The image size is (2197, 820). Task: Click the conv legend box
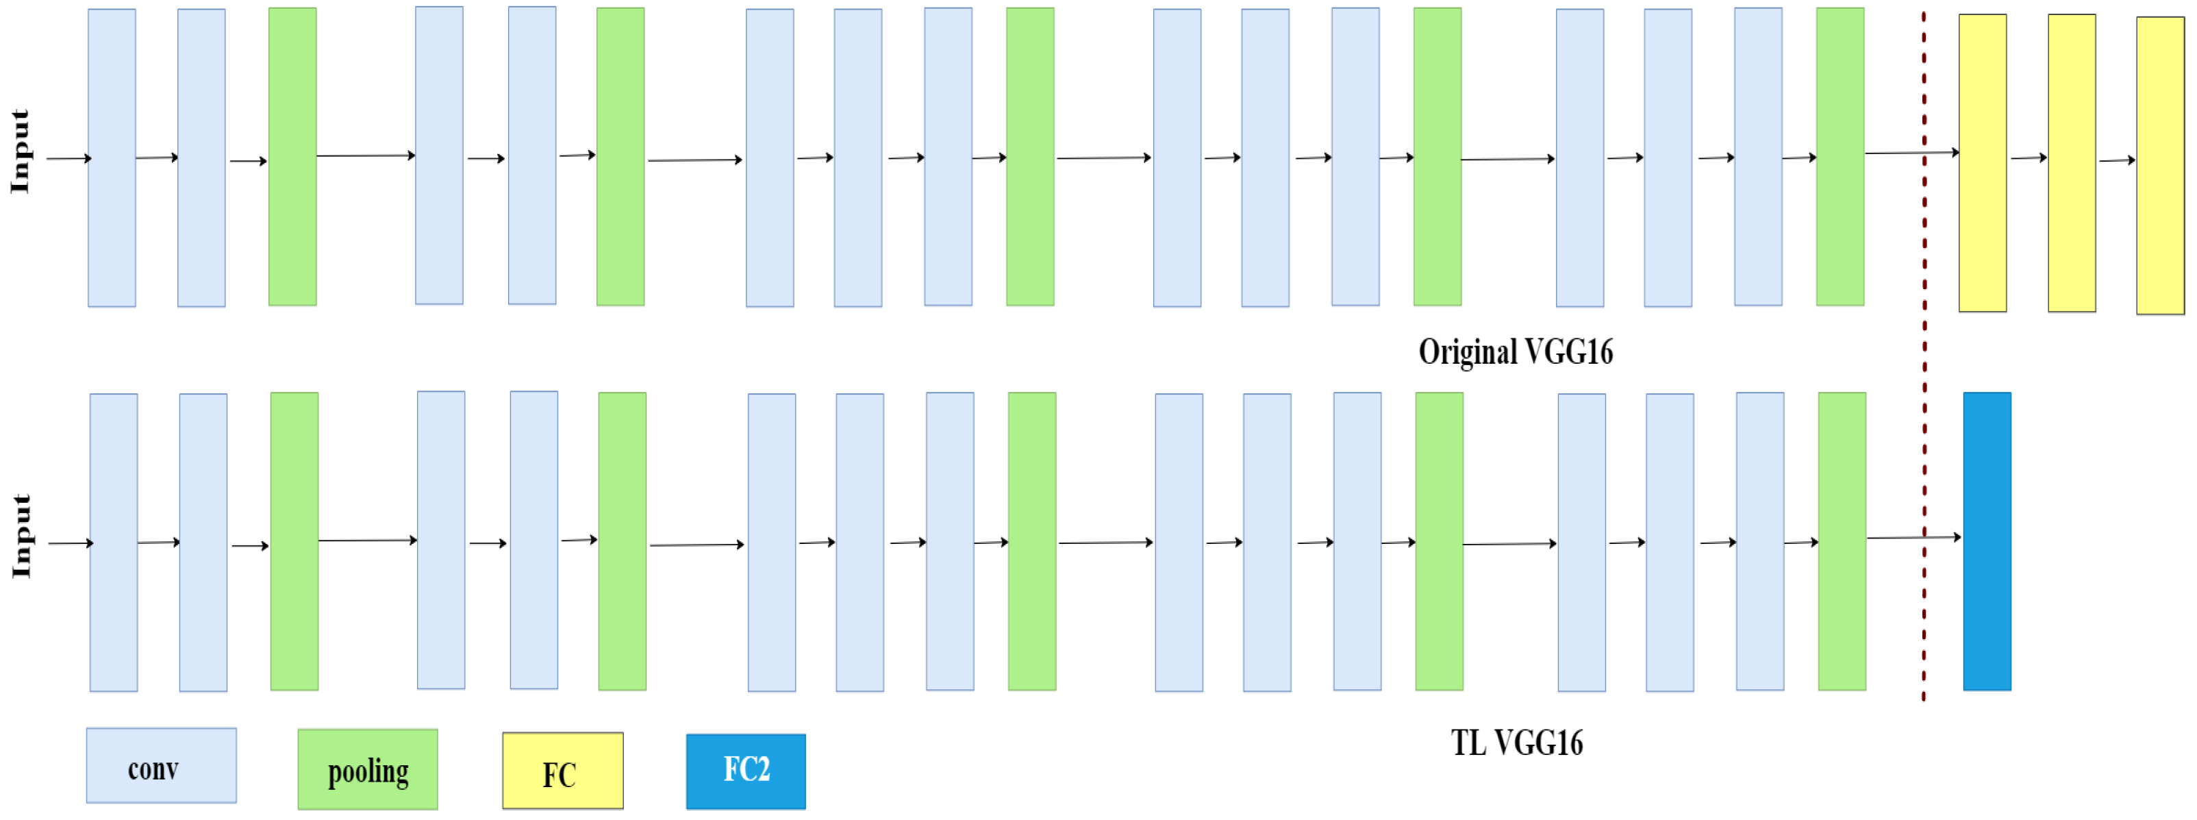161,765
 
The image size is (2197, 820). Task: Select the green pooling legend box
368,770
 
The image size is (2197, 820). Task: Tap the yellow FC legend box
562,771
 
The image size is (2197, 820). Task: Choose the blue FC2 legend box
745,771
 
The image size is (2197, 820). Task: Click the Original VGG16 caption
1515,351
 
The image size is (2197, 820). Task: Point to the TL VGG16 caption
1516,743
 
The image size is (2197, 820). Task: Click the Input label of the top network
21,152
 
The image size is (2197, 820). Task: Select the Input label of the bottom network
22,536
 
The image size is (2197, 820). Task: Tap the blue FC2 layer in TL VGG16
1986,541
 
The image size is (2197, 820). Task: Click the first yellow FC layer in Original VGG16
1982,162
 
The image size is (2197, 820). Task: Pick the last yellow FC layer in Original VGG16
2159,166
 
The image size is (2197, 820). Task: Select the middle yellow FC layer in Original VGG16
2072,162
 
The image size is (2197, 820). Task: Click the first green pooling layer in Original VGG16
292,157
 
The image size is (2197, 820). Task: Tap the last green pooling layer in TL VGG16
1842,541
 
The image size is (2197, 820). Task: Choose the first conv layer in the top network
112,158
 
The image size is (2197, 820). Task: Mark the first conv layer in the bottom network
114,543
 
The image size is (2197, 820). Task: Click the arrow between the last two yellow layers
2116,160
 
